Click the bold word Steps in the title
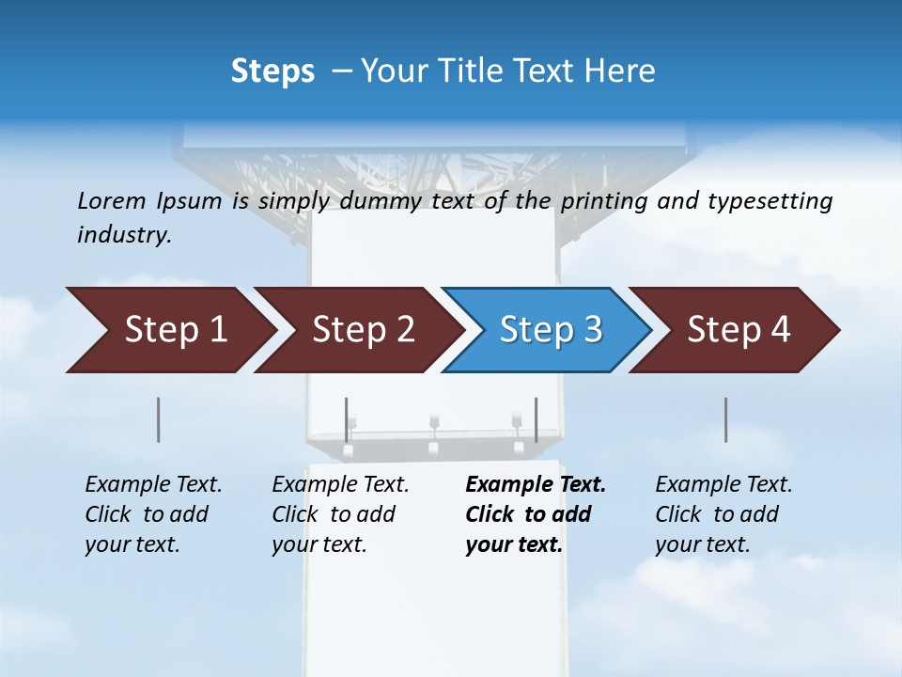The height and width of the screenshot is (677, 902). (x=272, y=71)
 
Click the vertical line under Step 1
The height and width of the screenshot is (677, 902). (x=158, y=419)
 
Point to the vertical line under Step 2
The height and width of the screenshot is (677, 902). (x=347, y=419)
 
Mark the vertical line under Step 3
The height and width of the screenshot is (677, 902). (x=536, y=419)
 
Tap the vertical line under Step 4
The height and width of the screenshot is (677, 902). (x=725, y=419)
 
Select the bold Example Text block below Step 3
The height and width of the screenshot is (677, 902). (x=536, y=514)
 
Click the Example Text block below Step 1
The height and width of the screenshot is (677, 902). (x=153, y=514)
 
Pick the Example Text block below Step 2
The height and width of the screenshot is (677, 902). (x=340, y=514)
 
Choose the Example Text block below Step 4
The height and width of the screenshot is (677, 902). (x=723, y=514)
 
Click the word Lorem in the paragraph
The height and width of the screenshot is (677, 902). (x=112, y=200)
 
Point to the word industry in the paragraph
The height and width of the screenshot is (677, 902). (x=124, y=235)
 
